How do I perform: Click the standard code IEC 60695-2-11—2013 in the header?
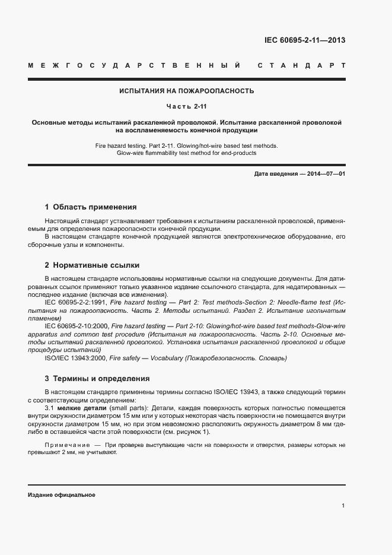304,41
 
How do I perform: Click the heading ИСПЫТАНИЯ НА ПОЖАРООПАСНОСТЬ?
187,91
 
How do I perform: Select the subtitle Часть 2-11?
187,106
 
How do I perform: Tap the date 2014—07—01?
325,173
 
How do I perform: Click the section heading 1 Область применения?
91,207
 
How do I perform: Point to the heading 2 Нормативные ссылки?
92,265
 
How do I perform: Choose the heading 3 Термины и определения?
97,378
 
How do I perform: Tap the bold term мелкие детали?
82,408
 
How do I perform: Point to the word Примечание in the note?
65,445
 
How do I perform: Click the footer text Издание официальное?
62,494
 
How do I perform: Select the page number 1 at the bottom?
343,506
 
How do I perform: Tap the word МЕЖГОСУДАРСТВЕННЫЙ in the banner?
134,65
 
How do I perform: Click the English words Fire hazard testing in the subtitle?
119,145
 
